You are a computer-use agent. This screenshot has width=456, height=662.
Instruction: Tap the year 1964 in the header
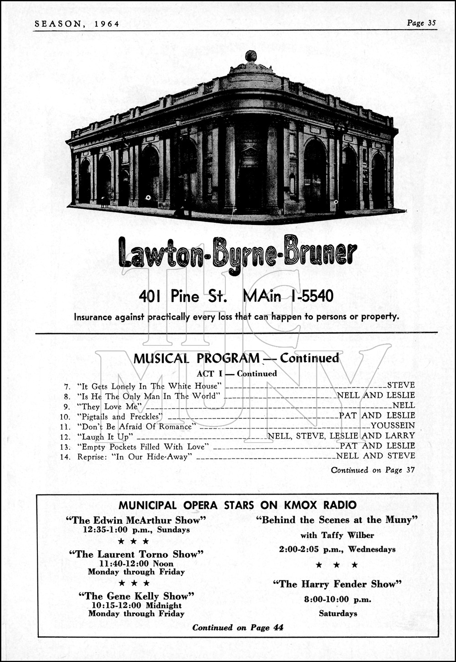pos(107,24)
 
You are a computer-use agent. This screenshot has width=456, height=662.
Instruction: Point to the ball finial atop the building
pos(251,57)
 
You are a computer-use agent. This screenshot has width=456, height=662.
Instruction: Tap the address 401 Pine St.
pos(183,296)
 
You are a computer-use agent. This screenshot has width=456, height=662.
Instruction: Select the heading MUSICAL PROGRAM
pos(196,359)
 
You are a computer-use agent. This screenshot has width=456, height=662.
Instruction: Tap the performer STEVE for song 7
pos(401,386)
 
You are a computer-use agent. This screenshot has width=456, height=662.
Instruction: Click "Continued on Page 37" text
pos(373,470)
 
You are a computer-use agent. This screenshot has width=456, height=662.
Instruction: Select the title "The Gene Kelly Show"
pos(136,596)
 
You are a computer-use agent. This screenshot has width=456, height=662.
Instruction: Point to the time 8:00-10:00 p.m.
pos(337,599)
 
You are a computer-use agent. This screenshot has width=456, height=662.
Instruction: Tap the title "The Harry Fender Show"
pos(337,584)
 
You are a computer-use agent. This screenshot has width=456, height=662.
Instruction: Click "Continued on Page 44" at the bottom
pos(238,628)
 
